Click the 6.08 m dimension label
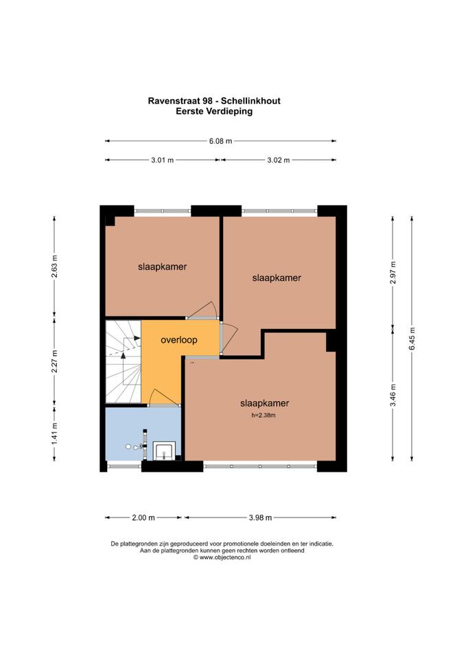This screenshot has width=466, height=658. coord(220,141)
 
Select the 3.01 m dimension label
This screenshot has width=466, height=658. coord(163,160)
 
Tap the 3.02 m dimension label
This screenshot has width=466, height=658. coord(279,160)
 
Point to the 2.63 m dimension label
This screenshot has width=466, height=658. coord(54,267)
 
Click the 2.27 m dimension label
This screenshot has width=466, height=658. coord(54,361)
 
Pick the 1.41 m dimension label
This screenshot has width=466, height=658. coord(54,434)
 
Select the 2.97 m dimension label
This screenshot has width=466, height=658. coord(393,273)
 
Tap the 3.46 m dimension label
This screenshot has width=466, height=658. coord(393,395)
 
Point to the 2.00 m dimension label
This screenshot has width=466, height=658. coord(143,517)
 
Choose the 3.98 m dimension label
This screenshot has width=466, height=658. coord(260,517)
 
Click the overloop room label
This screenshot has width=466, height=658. coord(179,340)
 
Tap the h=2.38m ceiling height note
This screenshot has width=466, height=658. coord(264,415)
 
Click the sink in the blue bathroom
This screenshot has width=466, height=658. coord(164,451)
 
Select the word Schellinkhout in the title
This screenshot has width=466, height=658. coord(251,101)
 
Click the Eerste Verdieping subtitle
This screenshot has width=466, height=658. coord(214,111)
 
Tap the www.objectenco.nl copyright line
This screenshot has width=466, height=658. coord(222,557)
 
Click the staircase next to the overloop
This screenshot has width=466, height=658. coord(123,362)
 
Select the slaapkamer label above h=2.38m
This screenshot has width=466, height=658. coord(265,403)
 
